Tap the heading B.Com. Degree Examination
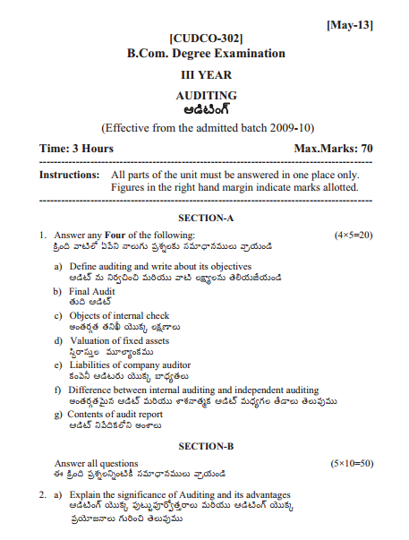point(206,54)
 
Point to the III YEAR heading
point(206,76)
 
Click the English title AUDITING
point(206,95)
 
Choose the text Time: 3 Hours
point(77,147)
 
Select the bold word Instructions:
point(70,175)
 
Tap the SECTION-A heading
point(206,218)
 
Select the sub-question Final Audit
point(94,291)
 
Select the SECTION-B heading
point(206,445)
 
